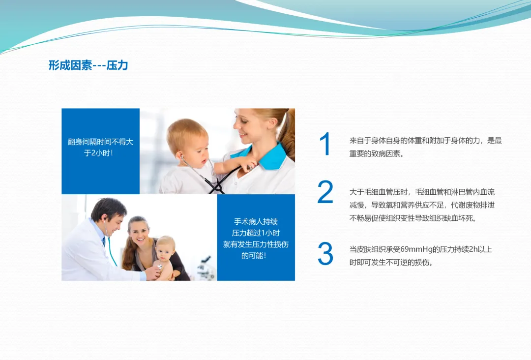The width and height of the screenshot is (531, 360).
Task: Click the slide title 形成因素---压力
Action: coord(88,65)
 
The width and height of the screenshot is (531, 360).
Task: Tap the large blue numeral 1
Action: coord(325,144)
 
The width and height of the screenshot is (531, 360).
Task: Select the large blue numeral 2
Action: coord(325,192)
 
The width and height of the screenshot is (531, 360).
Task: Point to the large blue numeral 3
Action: coord(325,254)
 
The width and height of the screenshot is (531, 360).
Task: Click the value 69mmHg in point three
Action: coord(415,250)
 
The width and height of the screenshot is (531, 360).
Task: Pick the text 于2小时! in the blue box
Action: coord(98,153)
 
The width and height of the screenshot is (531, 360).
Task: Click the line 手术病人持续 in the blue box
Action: coord(256,222)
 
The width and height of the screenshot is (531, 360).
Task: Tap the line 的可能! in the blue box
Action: coord(254,256)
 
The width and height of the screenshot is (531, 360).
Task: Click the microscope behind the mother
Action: coord(205,268)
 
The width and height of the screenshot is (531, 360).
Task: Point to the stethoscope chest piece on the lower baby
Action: coord(159,267)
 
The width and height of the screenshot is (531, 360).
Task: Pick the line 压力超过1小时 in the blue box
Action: coord(256,233)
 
